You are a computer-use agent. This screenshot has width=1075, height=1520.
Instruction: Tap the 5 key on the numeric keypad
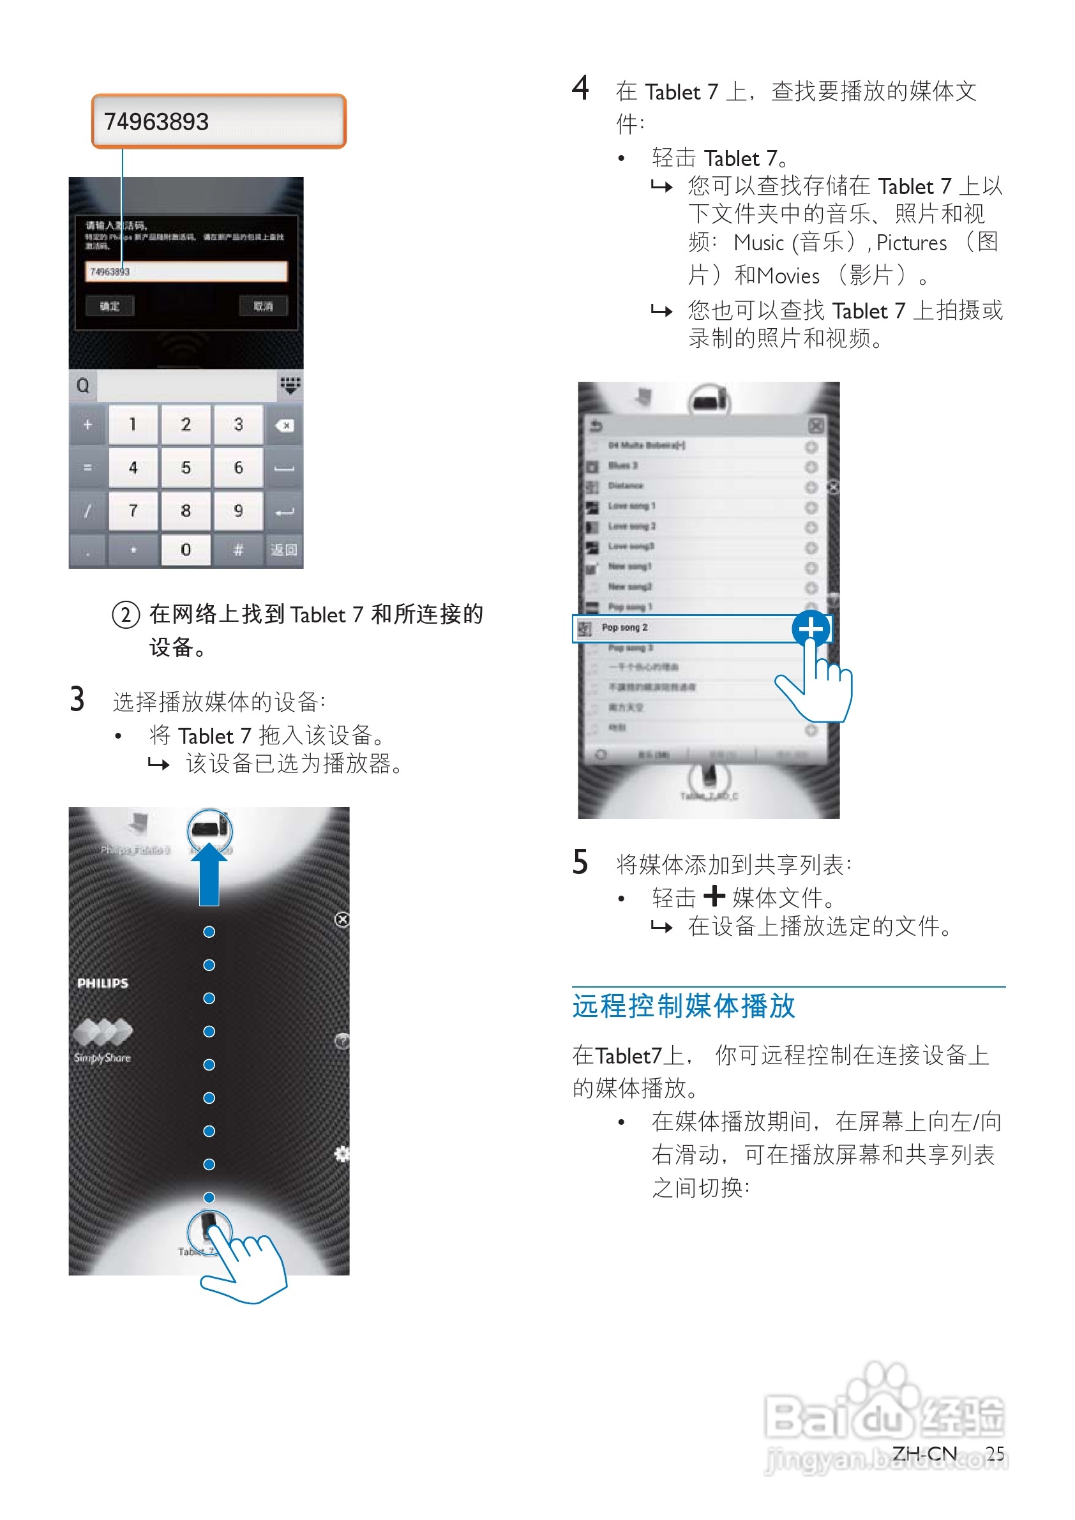tap(185, 467)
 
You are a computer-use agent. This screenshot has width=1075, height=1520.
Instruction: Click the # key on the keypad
tap(238, 550)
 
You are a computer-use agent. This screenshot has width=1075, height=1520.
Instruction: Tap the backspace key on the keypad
tap(285, 425)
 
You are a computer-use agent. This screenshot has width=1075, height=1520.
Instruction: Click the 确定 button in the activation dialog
tap(110, 306)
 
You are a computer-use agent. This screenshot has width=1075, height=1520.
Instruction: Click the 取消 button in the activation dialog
tap(263, 306)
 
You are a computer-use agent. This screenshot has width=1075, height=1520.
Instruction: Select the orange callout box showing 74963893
tap(218, 121)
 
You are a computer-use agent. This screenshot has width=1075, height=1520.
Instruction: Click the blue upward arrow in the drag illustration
tap(209, 874)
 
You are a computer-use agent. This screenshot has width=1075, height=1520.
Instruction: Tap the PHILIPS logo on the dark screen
tap(103, 983)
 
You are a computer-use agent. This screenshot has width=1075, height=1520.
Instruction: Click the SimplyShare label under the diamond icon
tap(103, 1057)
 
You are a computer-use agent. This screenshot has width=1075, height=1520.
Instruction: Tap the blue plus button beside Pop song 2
tap(811, 628)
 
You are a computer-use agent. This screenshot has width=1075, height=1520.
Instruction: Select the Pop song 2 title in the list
tap(624, 628)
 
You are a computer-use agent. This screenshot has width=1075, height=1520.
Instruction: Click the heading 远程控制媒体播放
tap(683, 1005)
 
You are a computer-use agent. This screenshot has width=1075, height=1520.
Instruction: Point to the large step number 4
tap(580, 88)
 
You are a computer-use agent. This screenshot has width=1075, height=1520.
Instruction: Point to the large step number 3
tap(77, 699)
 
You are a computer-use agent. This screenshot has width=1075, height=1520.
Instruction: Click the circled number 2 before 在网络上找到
tap(126, 614)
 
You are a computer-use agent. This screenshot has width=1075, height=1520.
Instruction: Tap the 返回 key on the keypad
tap(284, 550)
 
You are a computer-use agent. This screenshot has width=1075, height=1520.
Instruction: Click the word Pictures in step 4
tap(912, 243)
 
